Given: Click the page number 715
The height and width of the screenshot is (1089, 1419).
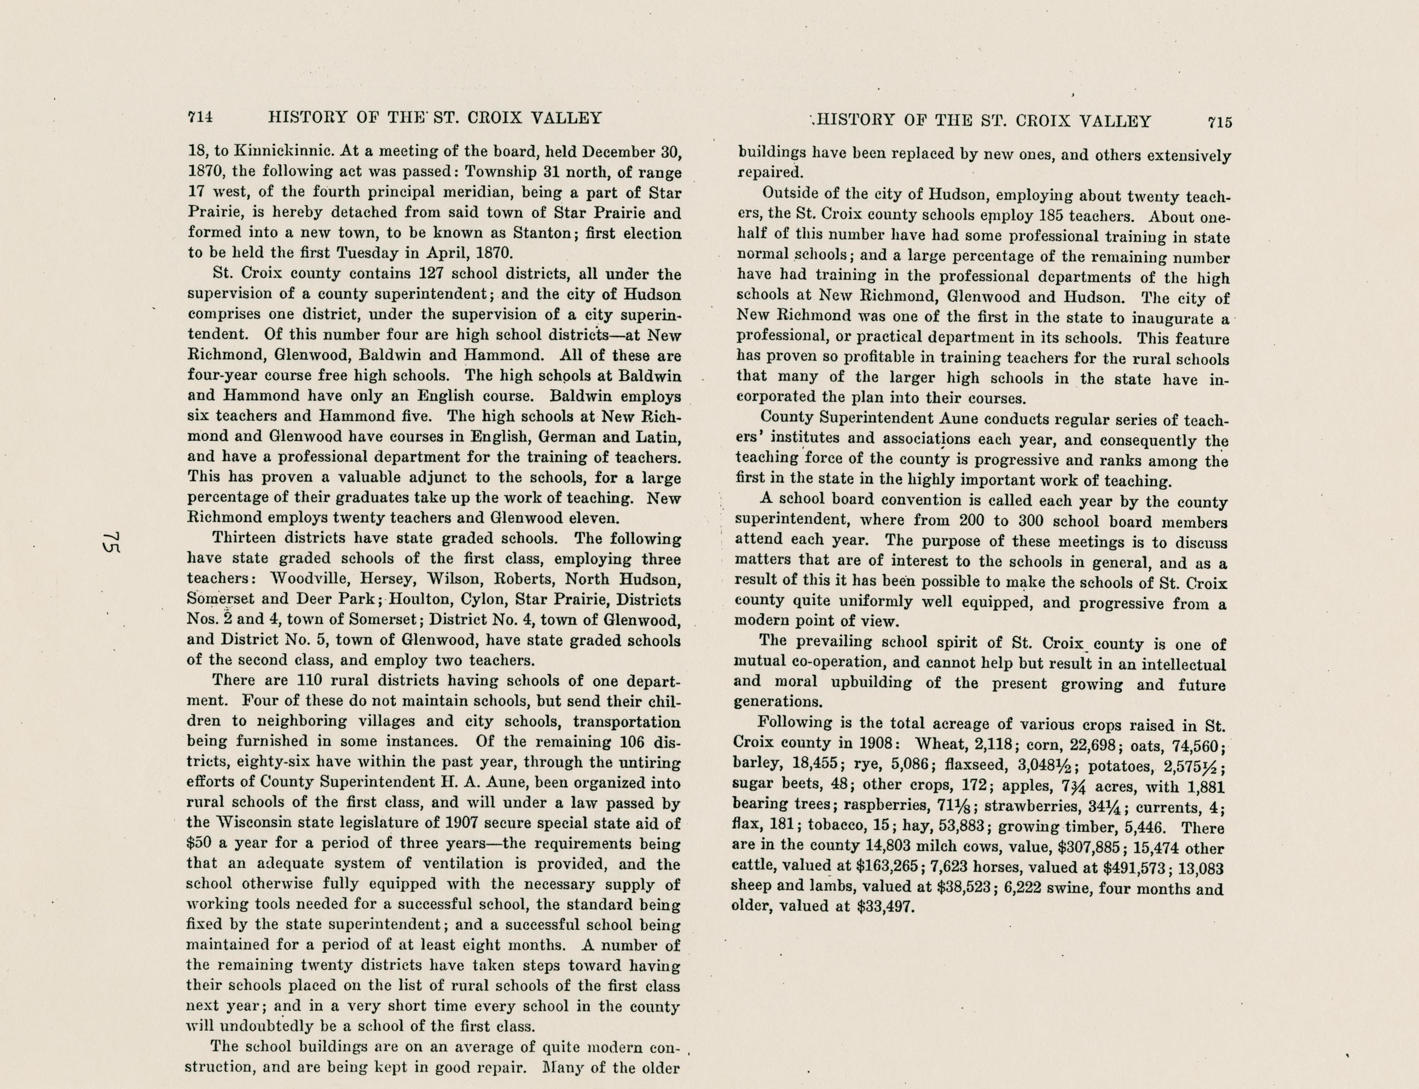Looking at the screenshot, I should tap(1219, 121).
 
